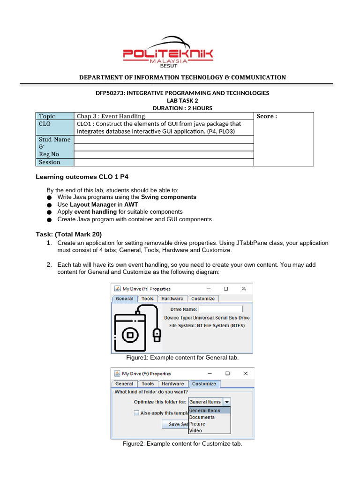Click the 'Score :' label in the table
click(x=267, y=116)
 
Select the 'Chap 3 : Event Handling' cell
click(x=111, y=116)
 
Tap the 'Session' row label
click(x=50, y=162)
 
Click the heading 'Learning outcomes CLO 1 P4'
click(x=82, y=177)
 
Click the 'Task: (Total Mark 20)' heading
click(x=69, y=234)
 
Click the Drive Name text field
click(x=220, y=309)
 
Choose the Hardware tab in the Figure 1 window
click(x=172, y=299)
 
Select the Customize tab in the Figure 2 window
click(x=204, y=383)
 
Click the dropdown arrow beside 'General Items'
click(x=226, y=402)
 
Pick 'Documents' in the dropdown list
click(x=202, y=417)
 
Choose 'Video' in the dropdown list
click(x=196, y=430)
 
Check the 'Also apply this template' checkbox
click(x=136, y=413)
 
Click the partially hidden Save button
click(x=174, y=424)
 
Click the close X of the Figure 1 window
click(x=243, y=289)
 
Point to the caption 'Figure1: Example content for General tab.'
click(x=182, y=358)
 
